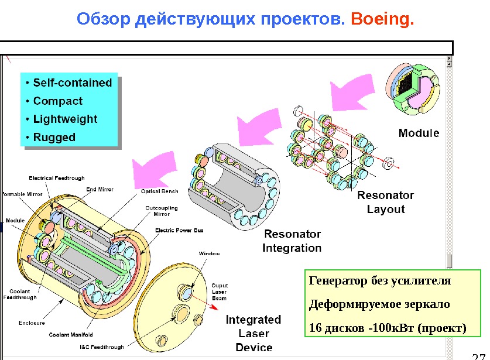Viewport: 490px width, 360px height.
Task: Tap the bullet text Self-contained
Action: click(72, 83)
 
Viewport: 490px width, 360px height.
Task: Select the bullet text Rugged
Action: click(54, 138)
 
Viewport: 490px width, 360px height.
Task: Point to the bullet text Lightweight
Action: click(65, 119)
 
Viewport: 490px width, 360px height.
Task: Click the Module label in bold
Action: click(419, 133)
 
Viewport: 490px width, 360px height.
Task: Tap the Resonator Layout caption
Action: click(385, 202)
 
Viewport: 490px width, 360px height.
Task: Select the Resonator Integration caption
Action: click(292, 241)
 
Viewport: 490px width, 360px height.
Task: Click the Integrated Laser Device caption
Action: click(253, 333)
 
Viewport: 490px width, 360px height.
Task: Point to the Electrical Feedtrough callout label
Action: click(57, 178)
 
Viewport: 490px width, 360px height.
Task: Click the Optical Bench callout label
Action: click(160, 191)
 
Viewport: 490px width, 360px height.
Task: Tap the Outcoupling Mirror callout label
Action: click(162, 211)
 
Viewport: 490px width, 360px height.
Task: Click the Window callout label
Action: click(209, 253)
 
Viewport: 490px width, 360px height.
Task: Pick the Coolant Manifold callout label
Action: click(71, 335)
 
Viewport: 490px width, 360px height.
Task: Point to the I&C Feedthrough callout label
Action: click(102, 347)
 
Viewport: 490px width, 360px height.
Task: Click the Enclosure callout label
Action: click(32, 323)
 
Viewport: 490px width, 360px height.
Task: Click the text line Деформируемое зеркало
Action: click(379, 304)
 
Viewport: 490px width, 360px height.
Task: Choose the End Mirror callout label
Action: click(100, 190)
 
